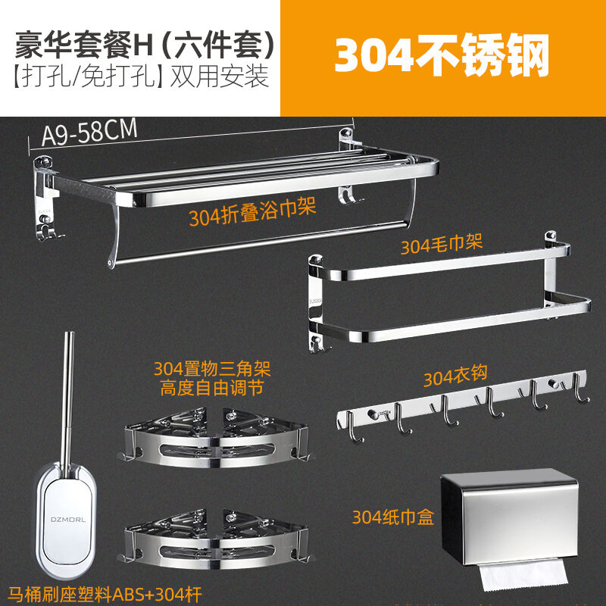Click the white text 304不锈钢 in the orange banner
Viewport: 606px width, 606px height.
pyautogui.click(x=442, y=55)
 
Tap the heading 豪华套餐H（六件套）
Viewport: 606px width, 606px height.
pyautogui.click(x=144, y=45)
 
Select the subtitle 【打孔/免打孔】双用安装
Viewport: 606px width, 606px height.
pyautogui.click(x=141, y=77)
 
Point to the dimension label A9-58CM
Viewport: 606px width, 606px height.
pyautogui.click(x=89, y=132)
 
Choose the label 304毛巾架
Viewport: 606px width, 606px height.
pyautogui.click(x=442, y=244)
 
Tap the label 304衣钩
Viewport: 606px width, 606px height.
pyautogui.click(x=455, y=375)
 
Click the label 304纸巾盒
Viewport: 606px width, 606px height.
pyautogui.click(x=393, y=517)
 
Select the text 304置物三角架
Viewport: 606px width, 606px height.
pyautogui.click(x=212, y=369)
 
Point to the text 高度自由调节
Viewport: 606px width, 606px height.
pyautogui.click(x=212, y=388)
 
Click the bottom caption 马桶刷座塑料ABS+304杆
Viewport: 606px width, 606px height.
pyautogui.click(x=105, y=595)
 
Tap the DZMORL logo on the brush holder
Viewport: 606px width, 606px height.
pyautogui.click(x=68, y=520)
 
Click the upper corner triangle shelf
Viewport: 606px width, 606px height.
pyautogui.click(x=215, y=438)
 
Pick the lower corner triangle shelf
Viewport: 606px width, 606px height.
pyautogui.click(x=215, y=539)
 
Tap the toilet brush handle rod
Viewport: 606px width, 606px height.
pyautogui.click(x=67, y=402)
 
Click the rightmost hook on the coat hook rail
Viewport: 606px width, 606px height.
pyautogui.click(x=579, y=388)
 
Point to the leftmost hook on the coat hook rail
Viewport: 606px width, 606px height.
pyautogui.click(x=354, y=427)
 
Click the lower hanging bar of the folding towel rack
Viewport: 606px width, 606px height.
pyautogui.click(x=260, y=243)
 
